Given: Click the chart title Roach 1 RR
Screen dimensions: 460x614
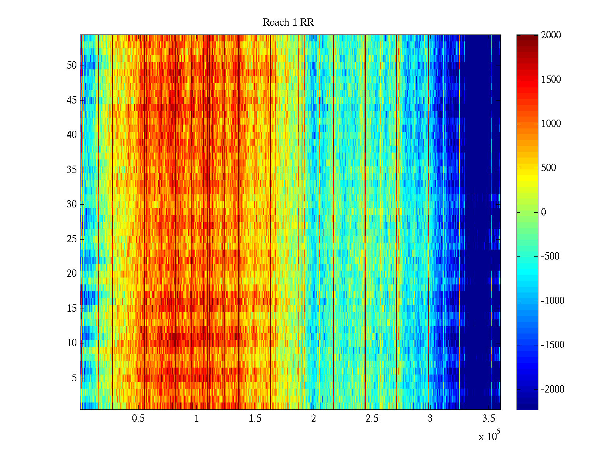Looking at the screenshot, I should point(288,23).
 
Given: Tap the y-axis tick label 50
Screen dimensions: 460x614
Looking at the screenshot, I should point(72,66).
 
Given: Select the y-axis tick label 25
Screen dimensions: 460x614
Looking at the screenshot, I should point(72,239).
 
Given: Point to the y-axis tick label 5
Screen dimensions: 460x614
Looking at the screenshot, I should point(74,378).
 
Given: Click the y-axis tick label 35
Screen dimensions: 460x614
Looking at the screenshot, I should point(72,170).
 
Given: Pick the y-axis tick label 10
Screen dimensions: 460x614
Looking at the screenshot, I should point(72,343).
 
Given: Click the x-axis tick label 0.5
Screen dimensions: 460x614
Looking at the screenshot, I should point(138,419).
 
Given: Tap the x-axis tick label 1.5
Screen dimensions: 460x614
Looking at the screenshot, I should point(255,419).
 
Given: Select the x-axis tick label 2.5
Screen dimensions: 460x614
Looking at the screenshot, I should point(372,419).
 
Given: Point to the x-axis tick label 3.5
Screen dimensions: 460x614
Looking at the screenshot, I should point(489,419).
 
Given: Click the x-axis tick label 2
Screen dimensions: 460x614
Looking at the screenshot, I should point(314,419).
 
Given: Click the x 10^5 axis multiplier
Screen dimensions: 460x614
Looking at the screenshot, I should point(489,436).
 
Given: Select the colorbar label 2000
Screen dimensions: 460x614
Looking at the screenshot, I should point(551,35).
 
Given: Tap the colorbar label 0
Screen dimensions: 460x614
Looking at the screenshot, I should point(543,212).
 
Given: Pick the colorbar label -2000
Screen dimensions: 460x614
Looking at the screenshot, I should point(553,389).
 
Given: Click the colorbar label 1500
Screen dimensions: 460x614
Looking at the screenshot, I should point(551,80).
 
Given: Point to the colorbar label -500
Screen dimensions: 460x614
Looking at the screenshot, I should point(550,256).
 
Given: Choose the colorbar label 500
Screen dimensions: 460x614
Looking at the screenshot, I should point(548,168).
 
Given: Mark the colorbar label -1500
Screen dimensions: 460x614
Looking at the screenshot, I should point(553,345).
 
